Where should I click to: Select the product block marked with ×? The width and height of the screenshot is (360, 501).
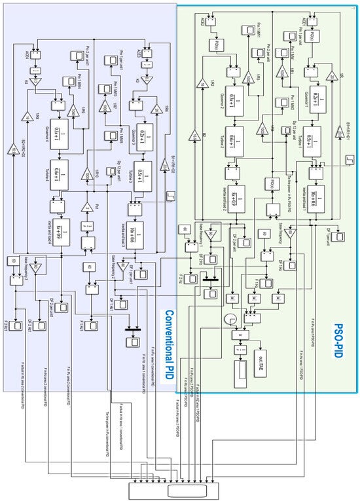241,334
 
